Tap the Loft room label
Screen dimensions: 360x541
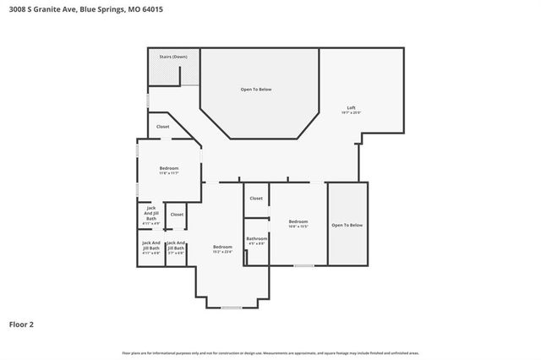[351, 108]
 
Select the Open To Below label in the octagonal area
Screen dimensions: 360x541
[256, 89]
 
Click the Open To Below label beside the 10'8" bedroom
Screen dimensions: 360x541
[347, 225]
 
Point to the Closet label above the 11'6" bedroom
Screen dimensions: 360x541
[162, 127]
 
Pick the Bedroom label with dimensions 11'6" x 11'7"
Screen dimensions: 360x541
[169, 169]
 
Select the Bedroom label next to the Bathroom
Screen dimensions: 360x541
[298, 222]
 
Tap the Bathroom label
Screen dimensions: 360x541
[256, 239]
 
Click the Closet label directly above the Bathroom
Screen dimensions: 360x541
[255, 199]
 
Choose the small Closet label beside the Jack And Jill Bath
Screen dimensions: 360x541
[177, 215]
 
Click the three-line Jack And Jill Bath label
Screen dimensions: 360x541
[151, 214]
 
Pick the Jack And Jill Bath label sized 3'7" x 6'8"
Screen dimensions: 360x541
[176, 247]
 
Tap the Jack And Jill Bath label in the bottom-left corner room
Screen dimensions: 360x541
[151, 247]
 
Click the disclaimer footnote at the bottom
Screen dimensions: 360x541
[270, 352]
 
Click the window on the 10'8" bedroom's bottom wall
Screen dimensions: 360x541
[303, 266]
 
